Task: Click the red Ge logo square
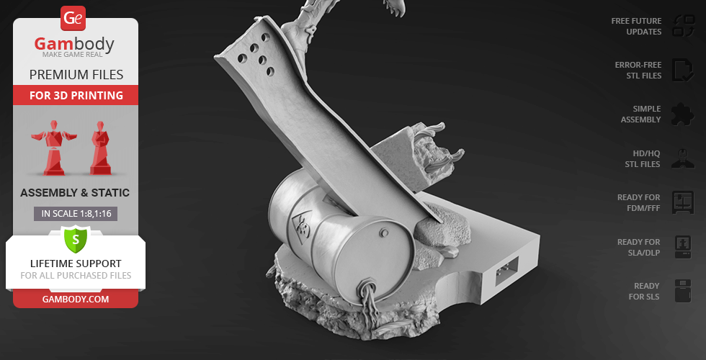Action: tap(73, 17)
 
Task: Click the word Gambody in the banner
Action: tap(74, 45)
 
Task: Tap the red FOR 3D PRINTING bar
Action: tap(76, 95)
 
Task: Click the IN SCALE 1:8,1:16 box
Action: tap(76, 213)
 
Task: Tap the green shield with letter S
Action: tap(75, 238)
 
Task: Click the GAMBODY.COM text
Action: tap(76, 299)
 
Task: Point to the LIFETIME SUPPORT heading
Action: tap(76, 264)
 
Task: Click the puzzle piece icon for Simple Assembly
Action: tap(682, 114)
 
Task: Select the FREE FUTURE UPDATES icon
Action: tap(682, 26)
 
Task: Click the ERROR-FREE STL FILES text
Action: tap(637, 70)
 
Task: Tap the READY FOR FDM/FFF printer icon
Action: tap(682, 202)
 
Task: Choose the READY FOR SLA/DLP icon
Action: tap(682, 246)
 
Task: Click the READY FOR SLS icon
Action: tap(682, 291)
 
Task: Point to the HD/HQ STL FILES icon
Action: tap(682, 158)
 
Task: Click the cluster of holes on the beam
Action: tap(258, 58)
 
